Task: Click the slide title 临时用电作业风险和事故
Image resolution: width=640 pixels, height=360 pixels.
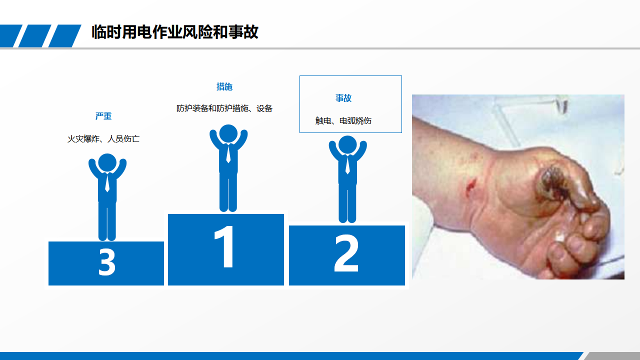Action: pyautogui.click(x=175, y=31)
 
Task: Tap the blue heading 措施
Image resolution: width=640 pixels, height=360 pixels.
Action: pyautogui.click(x=224, y=86)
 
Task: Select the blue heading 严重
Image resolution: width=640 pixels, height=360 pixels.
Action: pyautogui.click(x=103, y=116)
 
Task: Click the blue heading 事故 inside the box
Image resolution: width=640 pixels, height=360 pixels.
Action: pyautogui.click(x=343, y=98)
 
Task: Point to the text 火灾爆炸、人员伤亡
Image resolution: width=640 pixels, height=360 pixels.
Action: pyautogui.click(x=103, y=139)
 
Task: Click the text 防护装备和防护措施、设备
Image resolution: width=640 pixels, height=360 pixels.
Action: pyautogui.click(x=224, y=108)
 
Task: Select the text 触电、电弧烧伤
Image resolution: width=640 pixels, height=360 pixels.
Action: pyautogui.click(x=343, y=121)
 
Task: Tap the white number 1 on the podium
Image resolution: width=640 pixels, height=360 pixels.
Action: pyautogui.click(x=225, y=246)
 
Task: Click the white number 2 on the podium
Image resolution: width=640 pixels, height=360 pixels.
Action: pyautogui.click(x=346, y=253)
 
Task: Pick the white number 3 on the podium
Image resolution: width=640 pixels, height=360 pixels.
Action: pyautogui.click(x=107, y=261)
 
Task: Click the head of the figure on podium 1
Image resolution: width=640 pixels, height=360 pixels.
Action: pyautogui.click(x=228, y=133)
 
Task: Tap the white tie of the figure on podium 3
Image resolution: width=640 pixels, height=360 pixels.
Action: pyautogui.click(x=107, y=182)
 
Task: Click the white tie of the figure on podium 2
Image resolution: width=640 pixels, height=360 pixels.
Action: pyautogui.click(x=347, y=165)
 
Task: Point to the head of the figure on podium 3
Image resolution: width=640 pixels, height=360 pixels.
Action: pyautogui.click(x=107, y=162)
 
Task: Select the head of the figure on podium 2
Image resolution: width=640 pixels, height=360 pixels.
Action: pyautogui.click(x=347, y=145)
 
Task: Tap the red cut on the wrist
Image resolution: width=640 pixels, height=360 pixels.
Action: pyautogui.click(x=470, y=185)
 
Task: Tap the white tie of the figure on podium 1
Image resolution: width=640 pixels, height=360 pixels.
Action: pyautogui.click(x=228, y=153)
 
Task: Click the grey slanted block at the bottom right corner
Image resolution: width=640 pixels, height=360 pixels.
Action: pyautogui.click(x=612, y=356)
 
